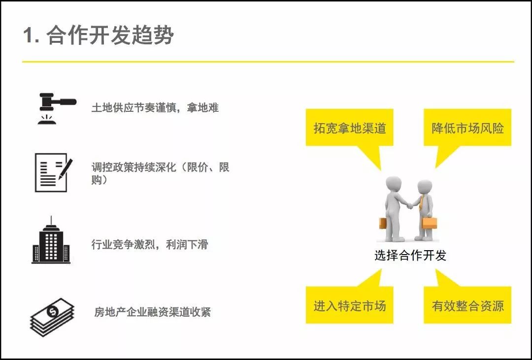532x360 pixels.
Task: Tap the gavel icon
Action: [57, 108]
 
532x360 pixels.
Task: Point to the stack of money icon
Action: [52, 317]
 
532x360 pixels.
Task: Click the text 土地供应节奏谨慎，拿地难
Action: [155, 108]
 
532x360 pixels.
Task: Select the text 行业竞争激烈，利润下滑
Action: [150, 244]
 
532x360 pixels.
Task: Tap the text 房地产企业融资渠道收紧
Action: [152, 312]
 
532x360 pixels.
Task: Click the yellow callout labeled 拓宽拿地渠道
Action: [350, 128]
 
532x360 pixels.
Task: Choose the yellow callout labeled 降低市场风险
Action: [467, 128]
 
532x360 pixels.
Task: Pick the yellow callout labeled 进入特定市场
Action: [350, 305]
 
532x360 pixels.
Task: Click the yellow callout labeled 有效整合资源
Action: [467, 305]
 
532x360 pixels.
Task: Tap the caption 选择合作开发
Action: [410, 255]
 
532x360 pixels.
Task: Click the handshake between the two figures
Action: [410, 206]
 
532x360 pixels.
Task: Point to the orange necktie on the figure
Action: [421, 203]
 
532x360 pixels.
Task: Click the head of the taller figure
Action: [394, 184]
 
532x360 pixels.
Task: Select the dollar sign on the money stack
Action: [53, 311]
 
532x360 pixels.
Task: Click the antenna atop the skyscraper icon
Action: [51, 221]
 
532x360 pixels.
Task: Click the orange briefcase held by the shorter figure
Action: [429, 223]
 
